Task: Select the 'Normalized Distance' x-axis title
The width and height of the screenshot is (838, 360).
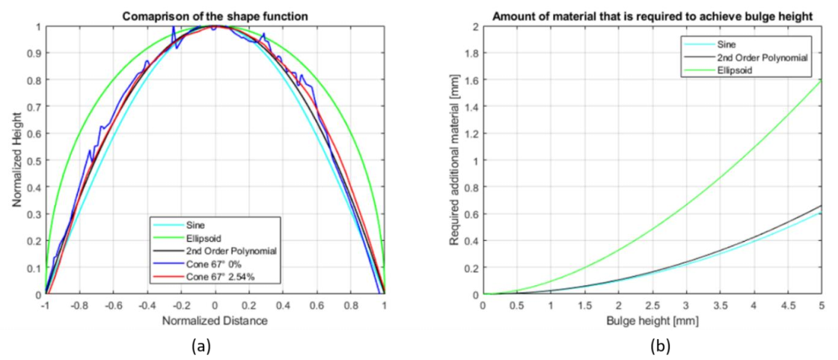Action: pos(215,320)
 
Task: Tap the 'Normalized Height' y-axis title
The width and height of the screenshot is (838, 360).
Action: pos(16,159)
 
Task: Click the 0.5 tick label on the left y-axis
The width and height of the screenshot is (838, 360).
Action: pos(34,161)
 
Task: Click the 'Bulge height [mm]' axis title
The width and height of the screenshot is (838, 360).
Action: pos(652,320)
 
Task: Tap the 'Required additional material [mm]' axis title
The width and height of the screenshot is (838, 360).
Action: pos(454,159)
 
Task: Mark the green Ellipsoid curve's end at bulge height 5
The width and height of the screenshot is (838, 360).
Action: pos(821,79)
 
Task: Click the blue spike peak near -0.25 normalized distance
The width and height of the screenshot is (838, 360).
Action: pos(174,27)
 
